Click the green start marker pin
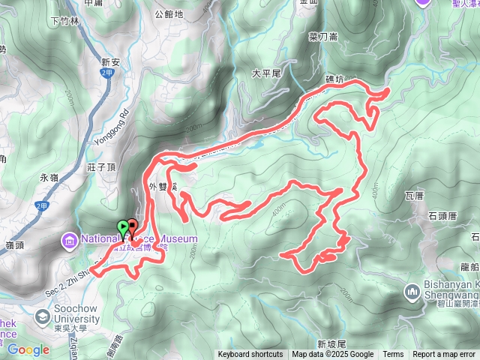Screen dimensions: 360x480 coord(122,227)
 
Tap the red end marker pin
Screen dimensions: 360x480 coord(132,225)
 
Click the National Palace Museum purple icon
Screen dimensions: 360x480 coord(68,240)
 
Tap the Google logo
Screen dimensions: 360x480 coord(28,349)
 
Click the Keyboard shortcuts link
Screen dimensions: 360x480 coord(250,355)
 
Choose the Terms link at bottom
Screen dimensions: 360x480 coord(393,355)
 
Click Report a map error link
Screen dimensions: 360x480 coord(444,355)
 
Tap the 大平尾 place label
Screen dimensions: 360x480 coord(265,73)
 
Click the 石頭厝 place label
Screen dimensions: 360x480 coord(442,215)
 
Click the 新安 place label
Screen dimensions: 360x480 coord(111,62)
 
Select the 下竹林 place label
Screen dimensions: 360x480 coord(64,21)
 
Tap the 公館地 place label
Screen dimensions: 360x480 coord(168,13)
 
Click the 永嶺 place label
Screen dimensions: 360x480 coord(49,178)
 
